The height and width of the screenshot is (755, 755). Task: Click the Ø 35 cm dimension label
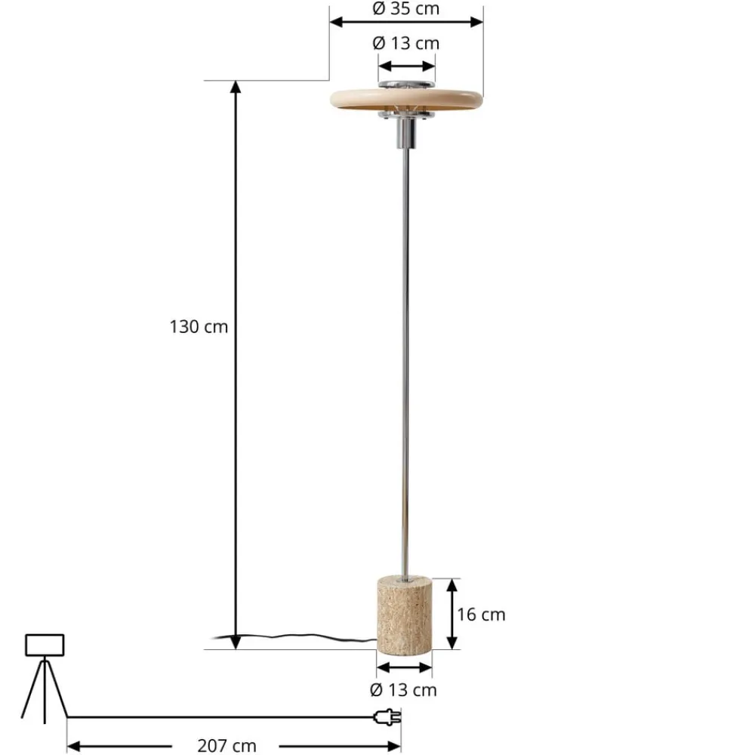(x=406, y=9)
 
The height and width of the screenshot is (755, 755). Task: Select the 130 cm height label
(x=199, y=327)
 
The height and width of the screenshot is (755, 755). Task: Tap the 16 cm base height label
(x=481, y=615)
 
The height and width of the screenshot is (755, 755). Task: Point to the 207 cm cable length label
(x=226, y=746)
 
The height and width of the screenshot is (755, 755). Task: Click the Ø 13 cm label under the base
(x=404, y=689)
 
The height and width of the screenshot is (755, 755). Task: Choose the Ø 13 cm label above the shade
(x=406, y=43)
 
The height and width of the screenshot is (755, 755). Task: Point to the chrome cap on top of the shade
(x=407, y=83)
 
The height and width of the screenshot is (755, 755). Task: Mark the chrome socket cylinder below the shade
(x=406, y=134)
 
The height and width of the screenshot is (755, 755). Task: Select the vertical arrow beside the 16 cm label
(x=451, y=614)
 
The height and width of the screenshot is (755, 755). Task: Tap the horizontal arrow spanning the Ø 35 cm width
(x=406, y=22)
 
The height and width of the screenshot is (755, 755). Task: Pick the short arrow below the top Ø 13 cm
(x=407, y=64)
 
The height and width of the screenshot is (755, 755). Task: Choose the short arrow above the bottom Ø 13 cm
(x=404, y=667)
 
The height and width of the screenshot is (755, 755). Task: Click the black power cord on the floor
(x=302, y=639)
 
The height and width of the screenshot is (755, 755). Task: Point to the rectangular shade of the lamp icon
(x=45, y=645)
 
